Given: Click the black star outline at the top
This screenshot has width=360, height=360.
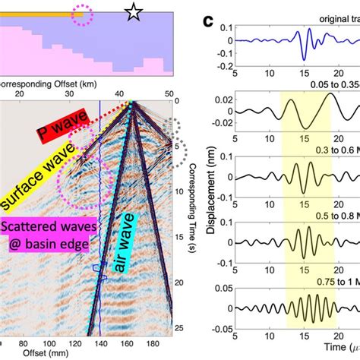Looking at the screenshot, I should coord(134,11).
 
